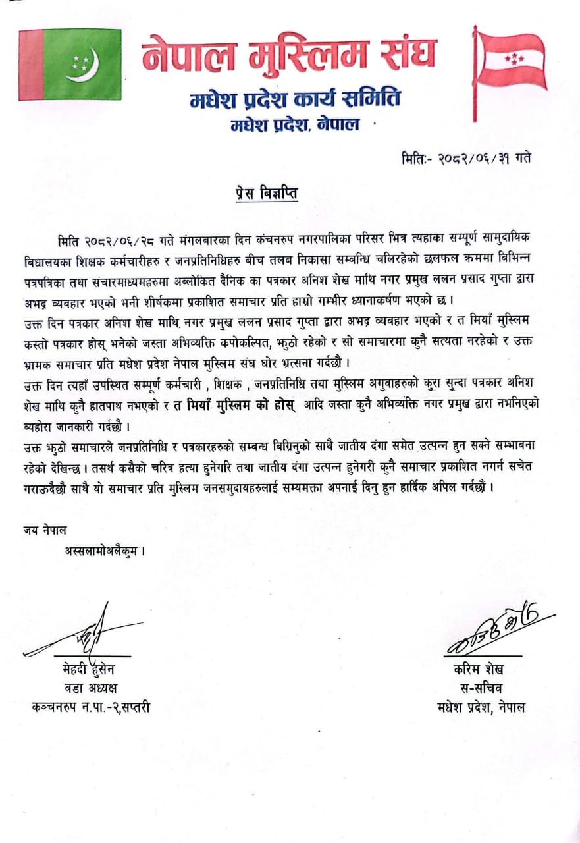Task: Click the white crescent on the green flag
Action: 85,64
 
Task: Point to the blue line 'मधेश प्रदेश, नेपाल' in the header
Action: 295,124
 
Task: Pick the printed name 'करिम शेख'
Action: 479,671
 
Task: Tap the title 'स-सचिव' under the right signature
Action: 481,690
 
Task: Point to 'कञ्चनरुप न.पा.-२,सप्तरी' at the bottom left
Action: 90,709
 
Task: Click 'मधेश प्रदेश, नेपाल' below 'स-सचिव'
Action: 481,709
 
